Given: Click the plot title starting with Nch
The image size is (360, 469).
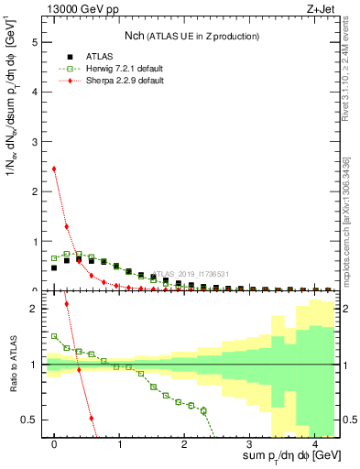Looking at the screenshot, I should [192, 36].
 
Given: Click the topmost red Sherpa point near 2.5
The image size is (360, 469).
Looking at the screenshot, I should [54, 169].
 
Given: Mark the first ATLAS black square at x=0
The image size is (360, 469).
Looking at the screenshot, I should [54, 267].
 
